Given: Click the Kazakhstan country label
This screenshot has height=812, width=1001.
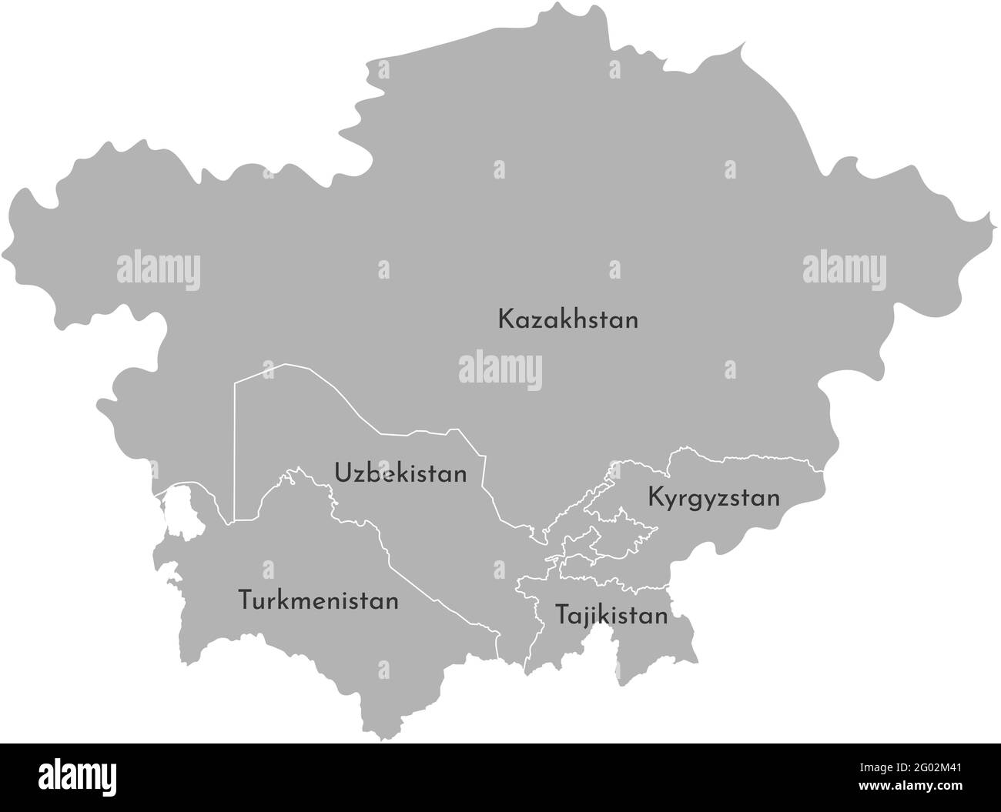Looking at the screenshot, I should click(x=567, y=319).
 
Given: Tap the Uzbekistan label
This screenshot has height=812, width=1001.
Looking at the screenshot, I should click(x=400, y=473).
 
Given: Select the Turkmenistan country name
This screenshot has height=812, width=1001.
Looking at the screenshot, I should click(x=318, y=600).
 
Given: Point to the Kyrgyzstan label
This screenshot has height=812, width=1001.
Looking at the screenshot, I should click(x=714, y=498).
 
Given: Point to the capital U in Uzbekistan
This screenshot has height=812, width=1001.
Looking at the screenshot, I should click(x=342, y=473).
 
